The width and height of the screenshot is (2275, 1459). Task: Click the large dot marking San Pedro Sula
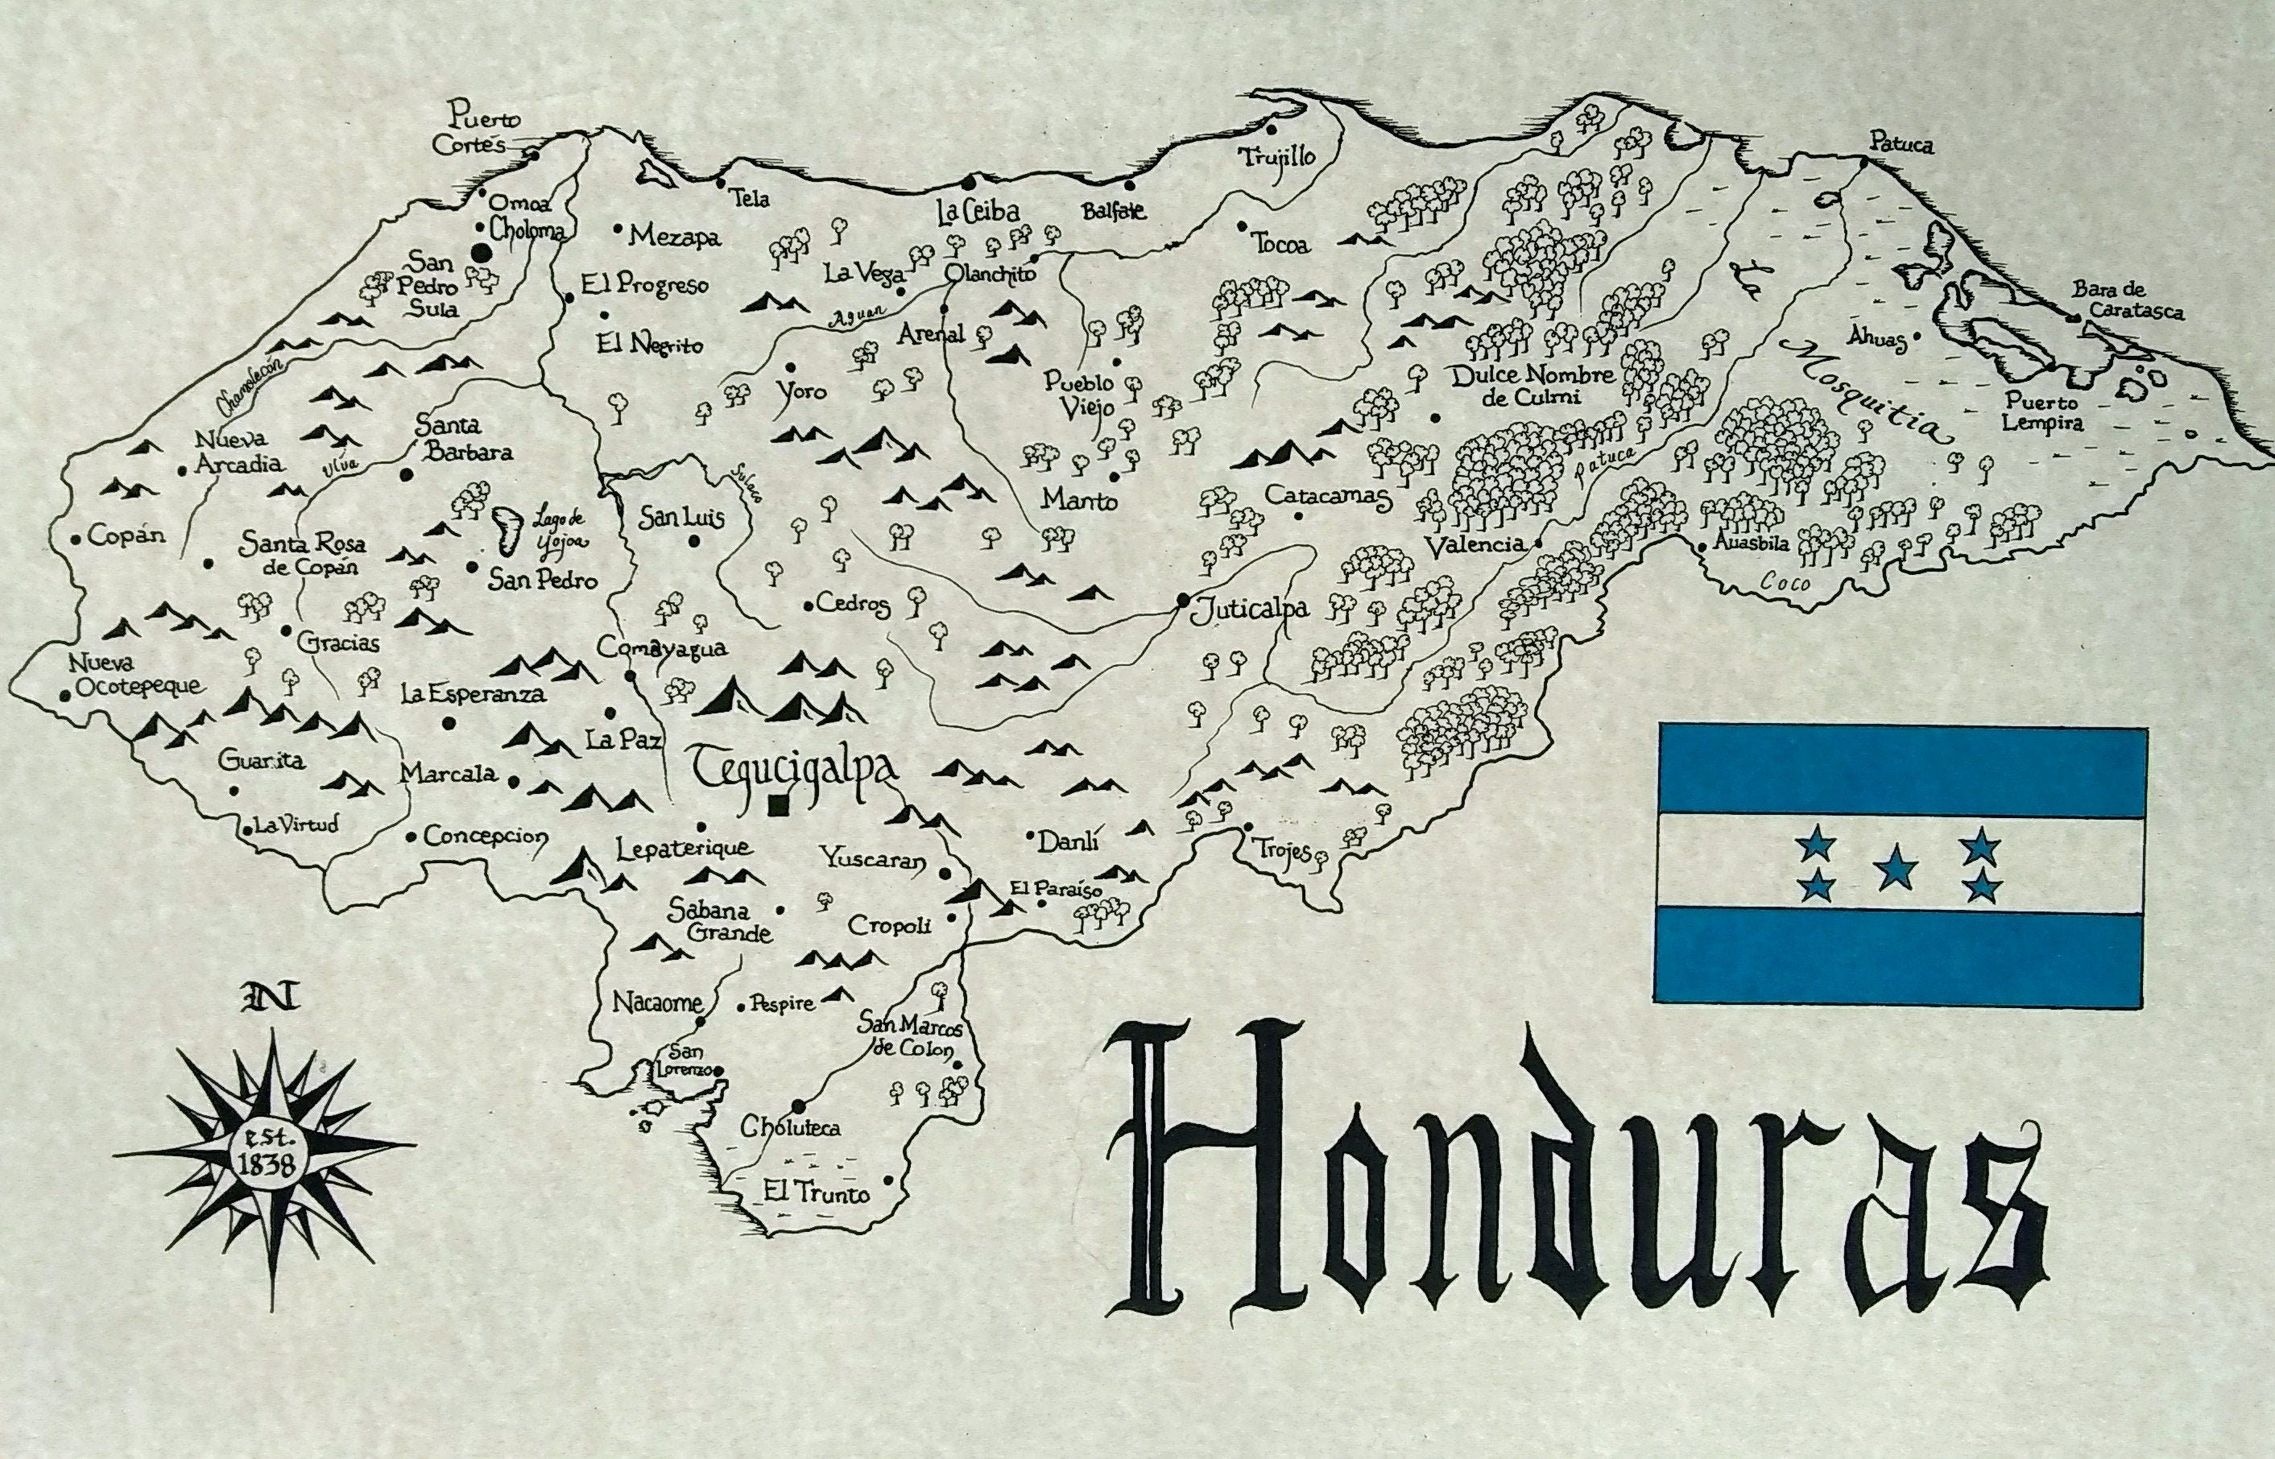[482, 253]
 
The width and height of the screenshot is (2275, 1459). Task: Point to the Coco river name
[1788, 584]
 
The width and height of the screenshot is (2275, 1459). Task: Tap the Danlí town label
[1067, 841]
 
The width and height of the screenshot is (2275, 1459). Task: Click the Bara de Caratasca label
[2126, 300]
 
